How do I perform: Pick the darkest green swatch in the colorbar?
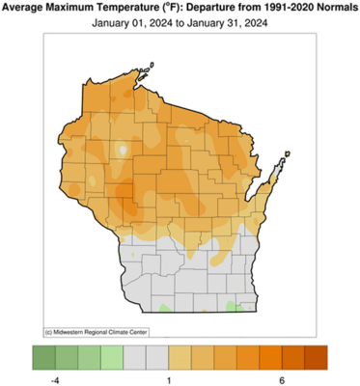[x=43, y=355]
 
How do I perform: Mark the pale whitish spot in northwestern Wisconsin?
[x=123, y=151]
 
